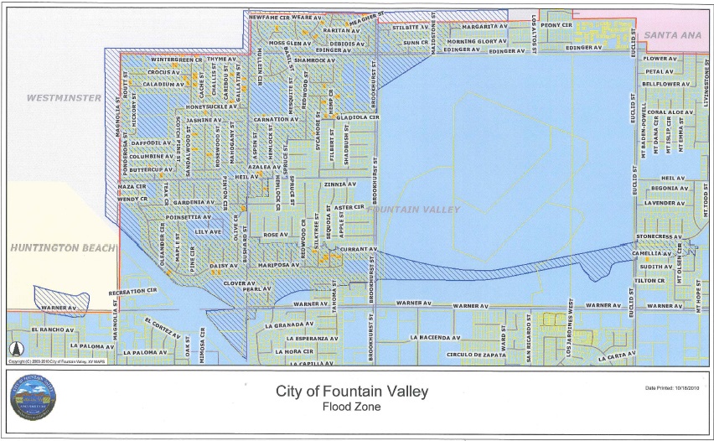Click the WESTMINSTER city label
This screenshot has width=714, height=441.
click(x=64, y=98)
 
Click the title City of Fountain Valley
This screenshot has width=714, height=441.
click(x=352, y=392)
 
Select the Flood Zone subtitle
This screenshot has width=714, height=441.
click(x=352, y=407)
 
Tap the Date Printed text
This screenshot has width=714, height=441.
click(x=673, y=388)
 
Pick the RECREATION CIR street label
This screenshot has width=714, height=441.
click(x=133, y=291)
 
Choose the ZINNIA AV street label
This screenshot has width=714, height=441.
click(x=340, y=184)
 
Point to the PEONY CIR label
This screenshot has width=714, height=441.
click(x=556, y=25)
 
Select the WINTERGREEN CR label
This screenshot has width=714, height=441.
click(x=177, y=60)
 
